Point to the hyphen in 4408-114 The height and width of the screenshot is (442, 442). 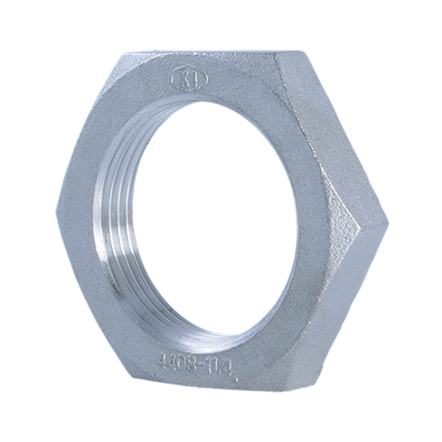pyautogui.click(x=194, y=362)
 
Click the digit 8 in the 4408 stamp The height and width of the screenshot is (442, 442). pyautogui.click(x=187, y=361)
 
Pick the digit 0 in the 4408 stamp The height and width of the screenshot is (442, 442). pyautogui.click(x=178, y=360)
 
